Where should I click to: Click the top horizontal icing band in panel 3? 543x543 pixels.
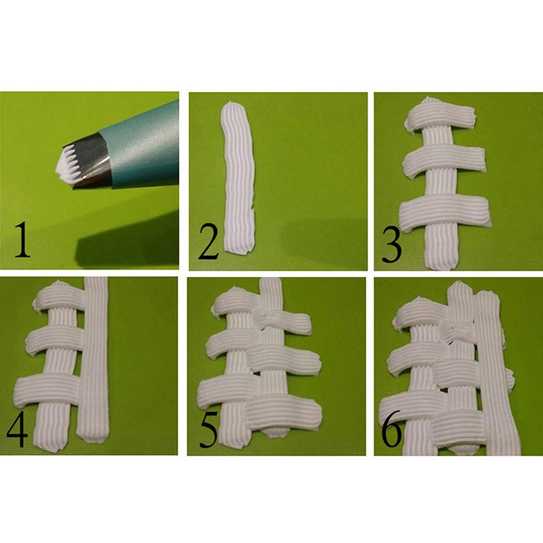[438, 117]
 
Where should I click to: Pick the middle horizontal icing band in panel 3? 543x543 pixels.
[445, 162]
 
